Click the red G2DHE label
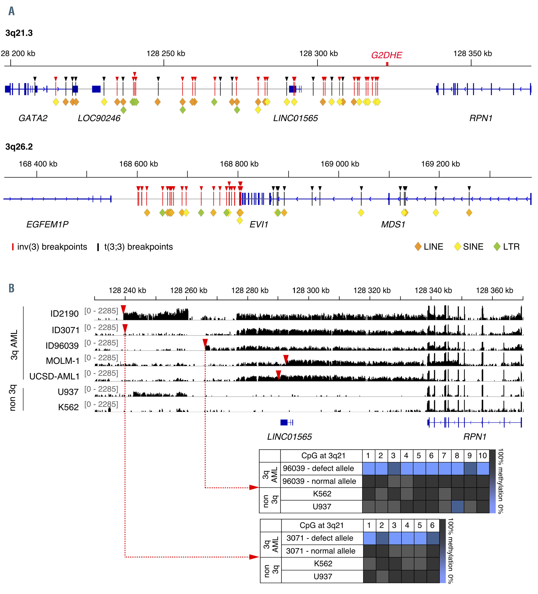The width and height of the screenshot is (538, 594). (386, 55)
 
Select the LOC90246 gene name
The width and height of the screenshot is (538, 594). (99, 118)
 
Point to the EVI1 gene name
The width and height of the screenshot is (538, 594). (259, 225)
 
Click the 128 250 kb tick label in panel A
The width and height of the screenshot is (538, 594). (166, 54)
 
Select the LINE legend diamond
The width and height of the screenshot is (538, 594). (418, 247)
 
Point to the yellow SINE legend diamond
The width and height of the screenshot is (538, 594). (457, 247)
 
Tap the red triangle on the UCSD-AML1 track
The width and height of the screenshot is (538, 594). (278, 375)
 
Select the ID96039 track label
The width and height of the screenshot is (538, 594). (62, 346)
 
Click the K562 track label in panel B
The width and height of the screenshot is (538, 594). (68, 407)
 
